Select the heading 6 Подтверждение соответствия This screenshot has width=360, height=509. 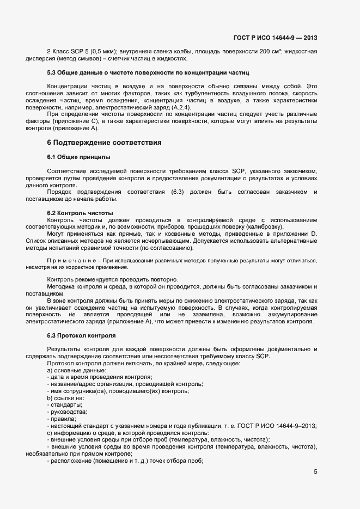pos(104,143)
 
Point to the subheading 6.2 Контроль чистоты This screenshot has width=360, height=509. pos(80,212)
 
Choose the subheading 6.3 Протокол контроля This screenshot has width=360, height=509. pos(81,335)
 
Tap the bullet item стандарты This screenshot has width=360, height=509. pos(66,405)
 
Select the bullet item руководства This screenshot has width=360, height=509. pos(69,412)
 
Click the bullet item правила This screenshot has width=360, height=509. pos(64,419)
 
